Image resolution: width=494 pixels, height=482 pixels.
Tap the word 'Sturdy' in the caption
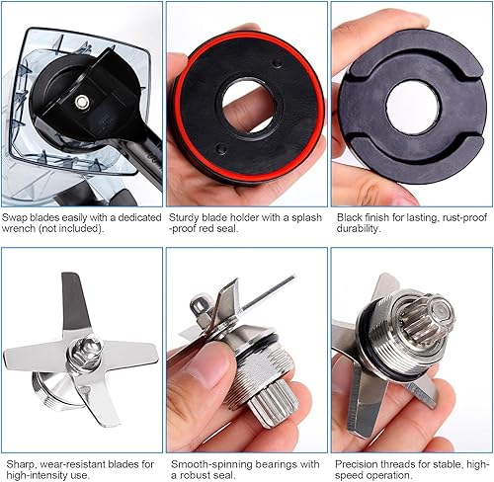(185, 214)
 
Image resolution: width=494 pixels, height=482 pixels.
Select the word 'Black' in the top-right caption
(350, 214)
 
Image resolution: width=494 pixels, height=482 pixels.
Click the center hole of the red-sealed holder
(246, 106)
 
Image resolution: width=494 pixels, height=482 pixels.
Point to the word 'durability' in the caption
(357, 228)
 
